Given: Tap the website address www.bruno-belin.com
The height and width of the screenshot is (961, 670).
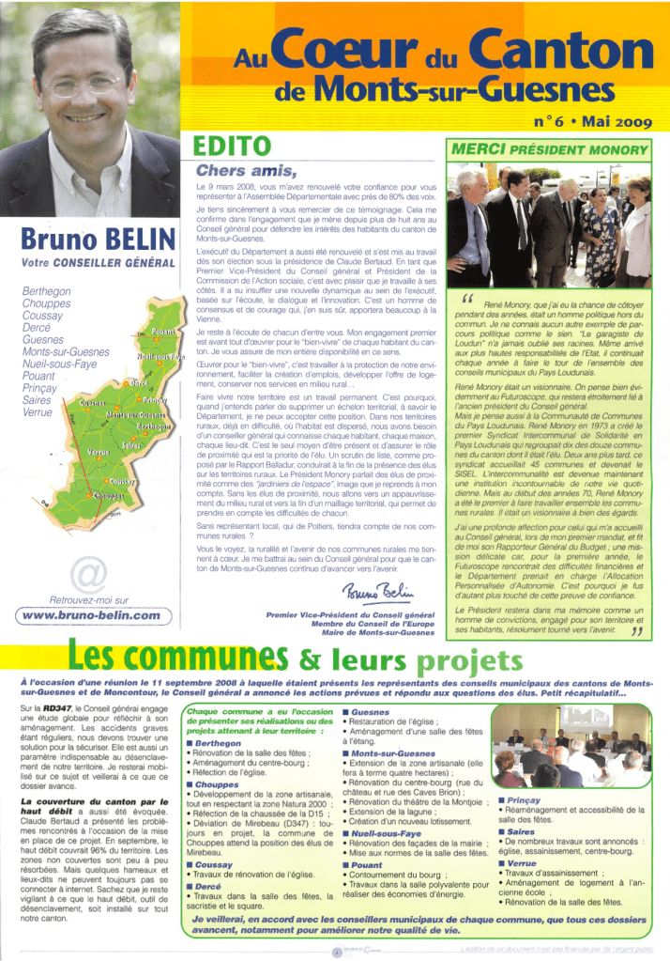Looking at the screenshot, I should point(90,616).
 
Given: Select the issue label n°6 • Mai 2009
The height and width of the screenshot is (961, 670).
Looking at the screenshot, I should point(591,121).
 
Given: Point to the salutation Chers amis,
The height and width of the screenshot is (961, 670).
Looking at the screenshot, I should point(247,171).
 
